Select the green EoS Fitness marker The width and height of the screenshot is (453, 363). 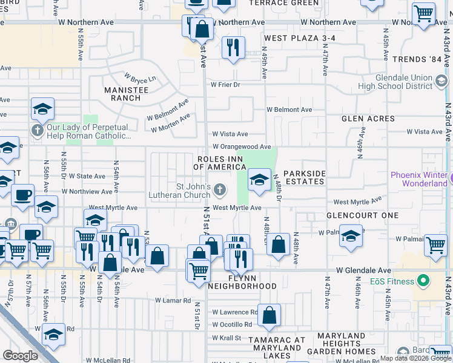pos(424,281)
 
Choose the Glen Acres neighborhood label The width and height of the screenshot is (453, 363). pos(368,119)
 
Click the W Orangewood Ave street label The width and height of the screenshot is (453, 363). pos(241,146)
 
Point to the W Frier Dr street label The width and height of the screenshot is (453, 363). pos(225,85)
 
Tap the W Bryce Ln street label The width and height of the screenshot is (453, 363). pos(140,78)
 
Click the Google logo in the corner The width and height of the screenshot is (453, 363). pos(21,355)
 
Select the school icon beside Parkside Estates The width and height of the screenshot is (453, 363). pos(259,180)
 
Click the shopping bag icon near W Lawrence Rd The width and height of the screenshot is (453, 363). pos(270,315)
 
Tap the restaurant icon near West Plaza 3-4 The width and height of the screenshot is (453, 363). pos(233,47)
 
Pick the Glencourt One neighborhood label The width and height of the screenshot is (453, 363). pos(362,215)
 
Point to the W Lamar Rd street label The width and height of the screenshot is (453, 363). pos(173,300)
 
